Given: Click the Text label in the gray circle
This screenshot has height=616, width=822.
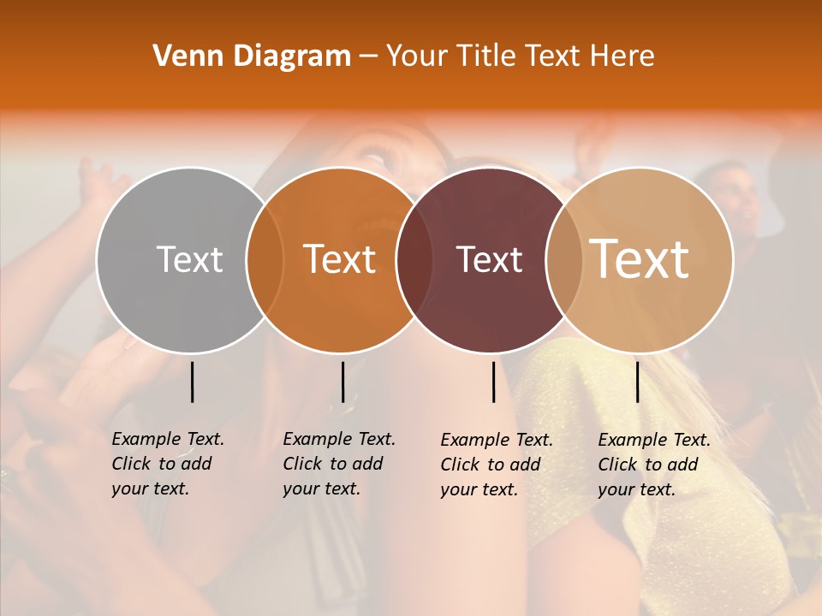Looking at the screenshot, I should pos(189,259).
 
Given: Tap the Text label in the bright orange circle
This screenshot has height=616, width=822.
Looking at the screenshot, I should pos(340,259).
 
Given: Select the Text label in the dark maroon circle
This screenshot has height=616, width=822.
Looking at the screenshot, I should pos(489,259).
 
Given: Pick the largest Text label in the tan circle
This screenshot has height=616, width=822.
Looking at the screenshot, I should pos(640,259).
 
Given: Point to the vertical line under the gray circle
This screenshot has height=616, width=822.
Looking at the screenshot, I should pos(192,382).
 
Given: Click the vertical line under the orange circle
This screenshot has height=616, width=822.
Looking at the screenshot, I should pos(342,382).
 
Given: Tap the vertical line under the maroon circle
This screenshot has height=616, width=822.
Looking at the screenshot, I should pos(494,382).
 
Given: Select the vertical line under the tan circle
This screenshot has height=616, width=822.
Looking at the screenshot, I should pos(637,382).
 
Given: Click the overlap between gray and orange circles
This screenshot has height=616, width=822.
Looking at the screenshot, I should pos(265,259).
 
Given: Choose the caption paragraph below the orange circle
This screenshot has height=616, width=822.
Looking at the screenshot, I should pos(339,464).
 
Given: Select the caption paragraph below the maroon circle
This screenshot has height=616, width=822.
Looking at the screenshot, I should pos(497,465).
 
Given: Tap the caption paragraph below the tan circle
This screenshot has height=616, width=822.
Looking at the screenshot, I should pos(654,465).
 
